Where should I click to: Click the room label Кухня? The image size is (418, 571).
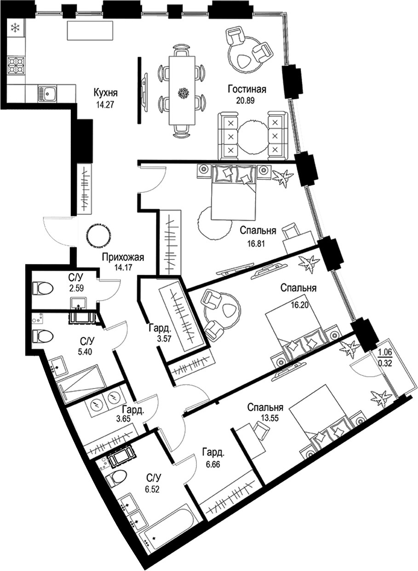pyautogui.click(x=105, y=93)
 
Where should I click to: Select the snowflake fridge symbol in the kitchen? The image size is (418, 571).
pyautogui.click(x=15, y=29)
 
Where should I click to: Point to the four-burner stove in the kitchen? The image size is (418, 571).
pyautogui.click(x=17, y=65)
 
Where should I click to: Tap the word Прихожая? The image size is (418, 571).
pyautogui.click(x=123, y=257)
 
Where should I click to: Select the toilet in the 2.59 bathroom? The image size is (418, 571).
pyautogui.click(x=40, y=289)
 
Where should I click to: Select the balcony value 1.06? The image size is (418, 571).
pyautogui.click(x=385, y=353)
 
